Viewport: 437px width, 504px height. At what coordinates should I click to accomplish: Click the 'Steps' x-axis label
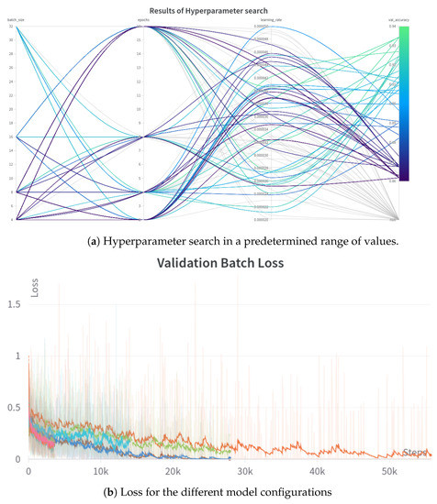[415, 452]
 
